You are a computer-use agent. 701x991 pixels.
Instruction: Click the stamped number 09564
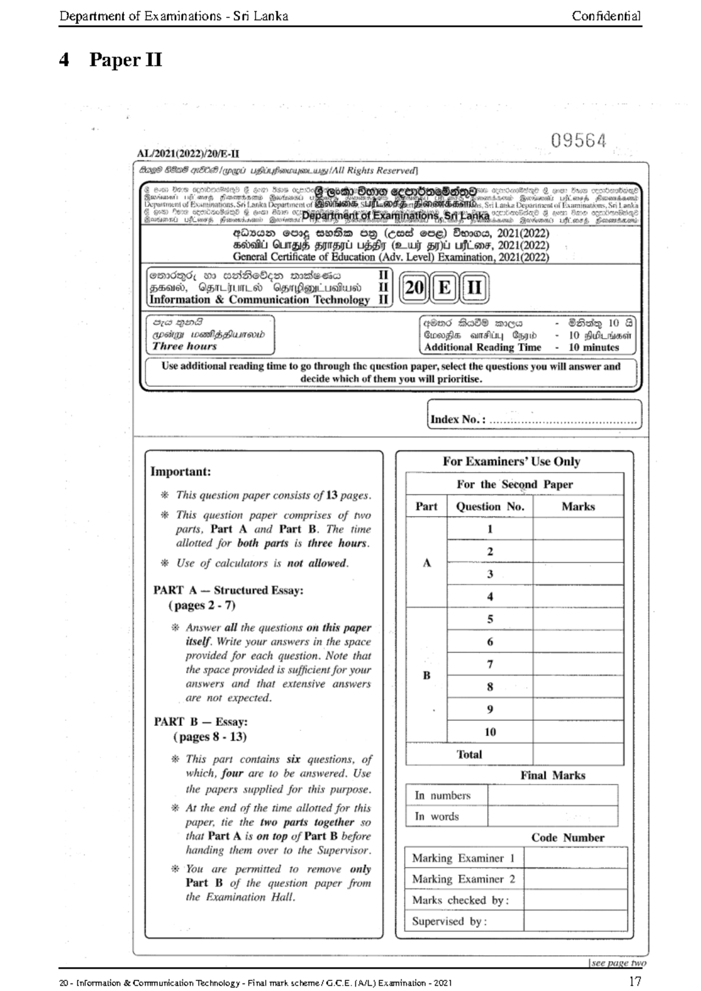click(578, 141)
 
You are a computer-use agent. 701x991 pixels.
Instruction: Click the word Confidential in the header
click(606, 16)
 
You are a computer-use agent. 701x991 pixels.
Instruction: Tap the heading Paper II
click(125, 60)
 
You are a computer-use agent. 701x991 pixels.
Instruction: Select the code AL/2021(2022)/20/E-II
click(188, 154)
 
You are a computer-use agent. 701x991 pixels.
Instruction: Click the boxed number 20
click(414, 288)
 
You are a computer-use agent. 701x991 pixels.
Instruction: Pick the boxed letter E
click(444, 288)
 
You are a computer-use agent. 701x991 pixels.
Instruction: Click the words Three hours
click(184, 346)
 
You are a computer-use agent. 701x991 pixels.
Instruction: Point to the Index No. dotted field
click(562, 420)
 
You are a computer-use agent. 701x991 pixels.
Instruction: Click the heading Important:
click(181, 472)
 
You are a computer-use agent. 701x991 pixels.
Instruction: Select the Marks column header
click(578, 507)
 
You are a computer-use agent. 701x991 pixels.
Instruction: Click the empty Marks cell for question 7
click(578, 664)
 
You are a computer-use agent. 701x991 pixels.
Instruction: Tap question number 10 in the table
click(490, 732)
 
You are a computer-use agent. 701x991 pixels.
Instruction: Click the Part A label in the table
click(426, 563)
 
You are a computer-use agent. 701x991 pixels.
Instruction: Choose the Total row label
click(469, 754)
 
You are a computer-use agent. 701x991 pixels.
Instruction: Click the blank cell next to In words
click(552, 816)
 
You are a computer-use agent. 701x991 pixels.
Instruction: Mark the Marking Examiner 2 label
click(463, 879)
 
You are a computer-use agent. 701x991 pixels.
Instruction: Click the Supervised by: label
click(449, 921)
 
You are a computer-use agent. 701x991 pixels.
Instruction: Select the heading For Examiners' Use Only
click(511, 462)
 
